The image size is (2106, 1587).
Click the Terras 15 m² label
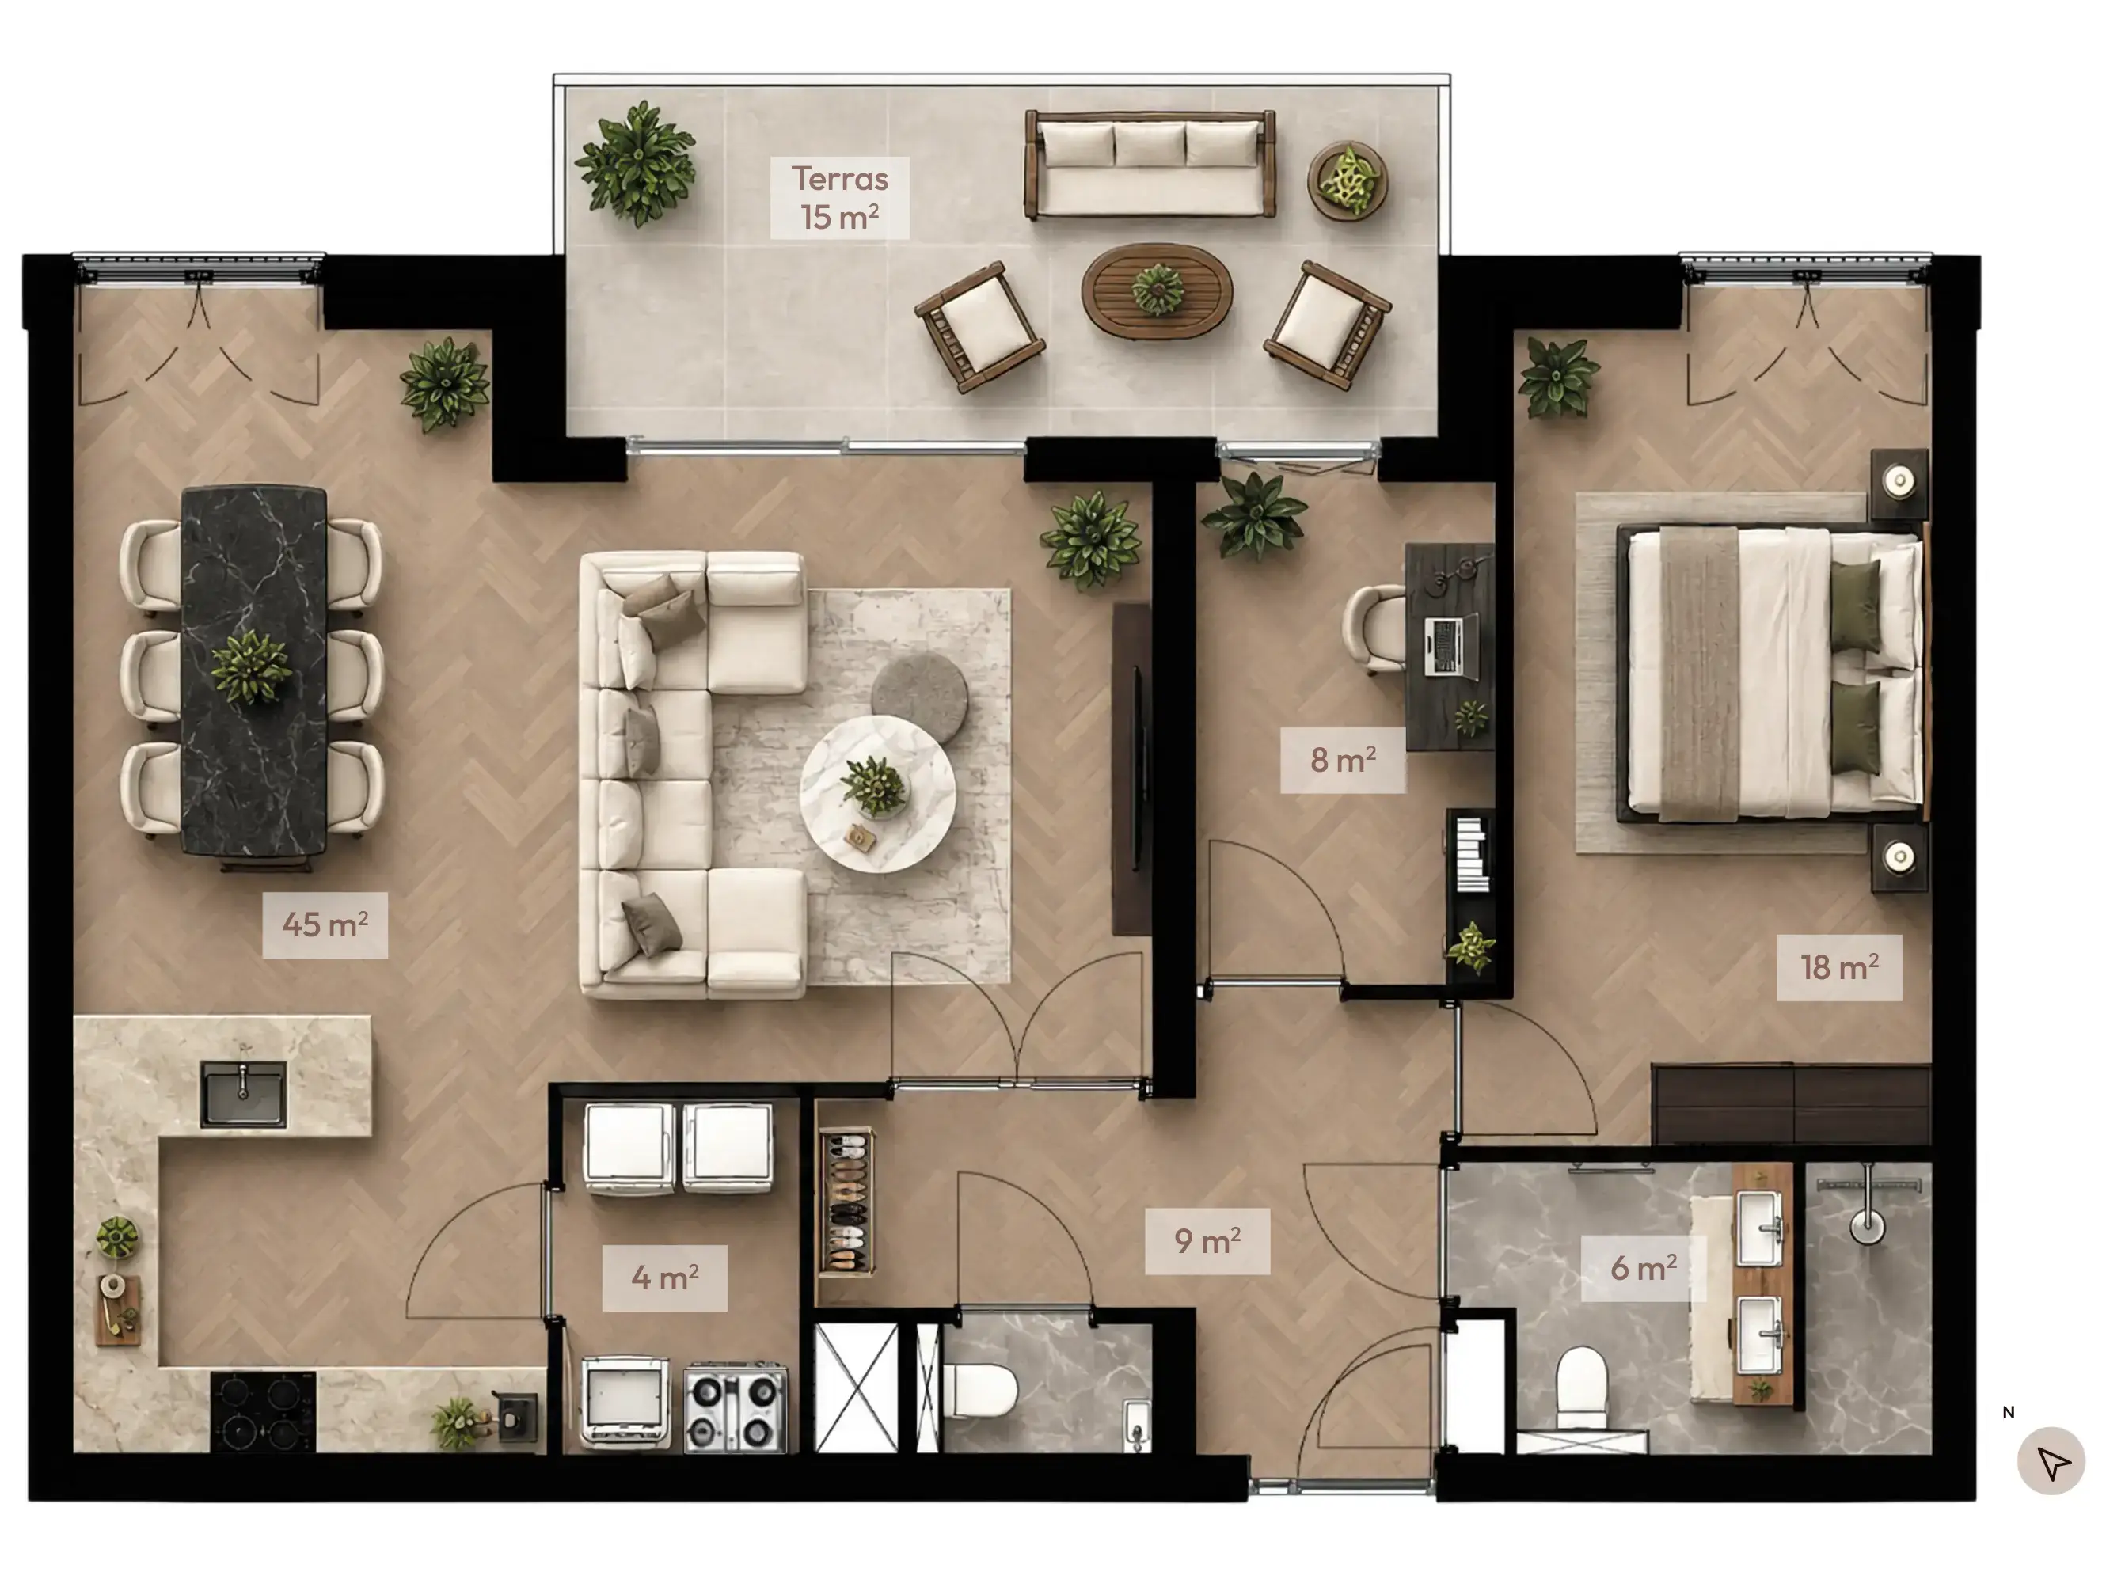coord(840,198)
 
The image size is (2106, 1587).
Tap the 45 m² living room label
coord(325,924)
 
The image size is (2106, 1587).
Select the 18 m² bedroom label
coord(1839,967)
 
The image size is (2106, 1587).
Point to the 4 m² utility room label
coord(664,1278)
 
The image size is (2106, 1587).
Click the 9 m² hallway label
coord(1207,1241)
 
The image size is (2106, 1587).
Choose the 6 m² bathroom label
coord(1644,1268)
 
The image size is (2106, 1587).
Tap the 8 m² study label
coord(1343,760)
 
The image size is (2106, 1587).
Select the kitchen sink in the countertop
coord(243,1094)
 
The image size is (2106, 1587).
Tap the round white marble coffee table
coord(878,794)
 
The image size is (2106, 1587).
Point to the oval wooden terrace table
coord(1157,290)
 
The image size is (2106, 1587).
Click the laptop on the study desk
coord(1448,645)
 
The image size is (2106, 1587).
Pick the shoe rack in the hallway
coord(846,1202)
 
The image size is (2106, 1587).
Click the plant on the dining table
coord(251,666)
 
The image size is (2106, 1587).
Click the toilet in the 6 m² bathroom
coord(1581,1386)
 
